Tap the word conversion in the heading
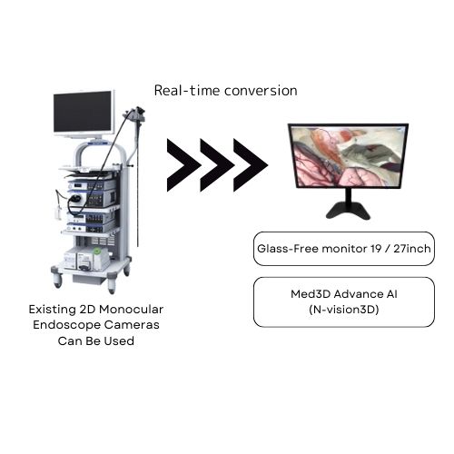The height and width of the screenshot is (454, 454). [261, 91]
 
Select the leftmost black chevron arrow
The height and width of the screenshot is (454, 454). [183, 165]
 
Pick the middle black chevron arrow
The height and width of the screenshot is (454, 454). [217, 165]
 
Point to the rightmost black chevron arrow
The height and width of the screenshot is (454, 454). [251, 165]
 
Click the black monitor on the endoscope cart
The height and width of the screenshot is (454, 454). [84, 113]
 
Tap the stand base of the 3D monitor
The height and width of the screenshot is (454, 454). [348, 211]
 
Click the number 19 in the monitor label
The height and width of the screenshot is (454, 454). [376, 249]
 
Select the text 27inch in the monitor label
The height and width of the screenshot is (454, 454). [412, 249]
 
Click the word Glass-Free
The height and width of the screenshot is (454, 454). [288, 249]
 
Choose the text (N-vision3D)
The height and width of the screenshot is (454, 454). [344, 310]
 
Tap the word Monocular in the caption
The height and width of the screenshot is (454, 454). [132, 310]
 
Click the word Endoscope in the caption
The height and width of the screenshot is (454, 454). [65, 325]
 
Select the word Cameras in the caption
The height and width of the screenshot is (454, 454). [131, 325]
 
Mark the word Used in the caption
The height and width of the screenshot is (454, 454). [120, 341]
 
